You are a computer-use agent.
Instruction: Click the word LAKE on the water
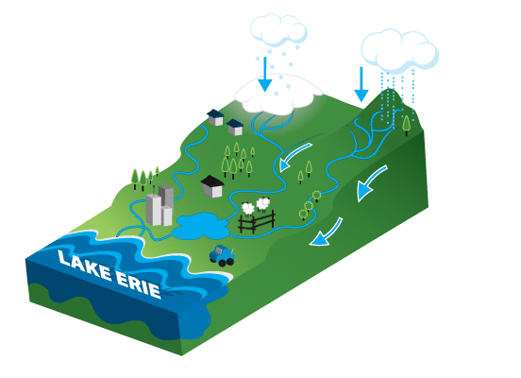coord(84,265)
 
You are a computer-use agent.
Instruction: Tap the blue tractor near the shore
coord(222,255)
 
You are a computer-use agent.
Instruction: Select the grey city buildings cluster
coord(160,206)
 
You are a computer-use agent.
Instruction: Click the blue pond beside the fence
coord(201,226)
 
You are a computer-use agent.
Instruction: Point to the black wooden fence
coord(257,222)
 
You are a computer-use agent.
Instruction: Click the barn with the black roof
coord(212,186)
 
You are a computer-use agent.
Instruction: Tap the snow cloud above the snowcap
coord(278,30)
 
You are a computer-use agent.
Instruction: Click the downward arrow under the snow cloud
coord(265,74)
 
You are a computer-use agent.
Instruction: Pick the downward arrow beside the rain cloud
coord(361,84)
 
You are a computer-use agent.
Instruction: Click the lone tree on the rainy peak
coord(406,125)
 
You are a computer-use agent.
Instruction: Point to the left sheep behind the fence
coord(248,209)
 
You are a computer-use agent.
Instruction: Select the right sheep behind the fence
coord(263,204)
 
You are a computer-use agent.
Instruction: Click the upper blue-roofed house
coord(215,117)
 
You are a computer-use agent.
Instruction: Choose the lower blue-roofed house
coord(235,128)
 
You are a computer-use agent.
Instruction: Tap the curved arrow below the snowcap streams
coord(294,156)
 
